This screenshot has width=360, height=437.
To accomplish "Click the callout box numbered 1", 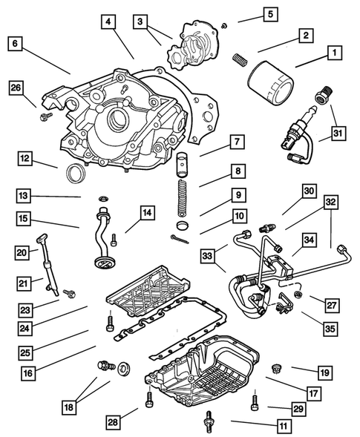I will pyautogui.click(x=335, y=53).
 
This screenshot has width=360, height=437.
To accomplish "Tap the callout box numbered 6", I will pyautogui.click(x=15, y=43).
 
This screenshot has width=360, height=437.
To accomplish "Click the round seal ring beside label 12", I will pyautogui.click(x=75, y=174).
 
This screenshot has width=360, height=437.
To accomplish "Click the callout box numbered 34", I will pyautogui.click(x=307, y=239).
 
